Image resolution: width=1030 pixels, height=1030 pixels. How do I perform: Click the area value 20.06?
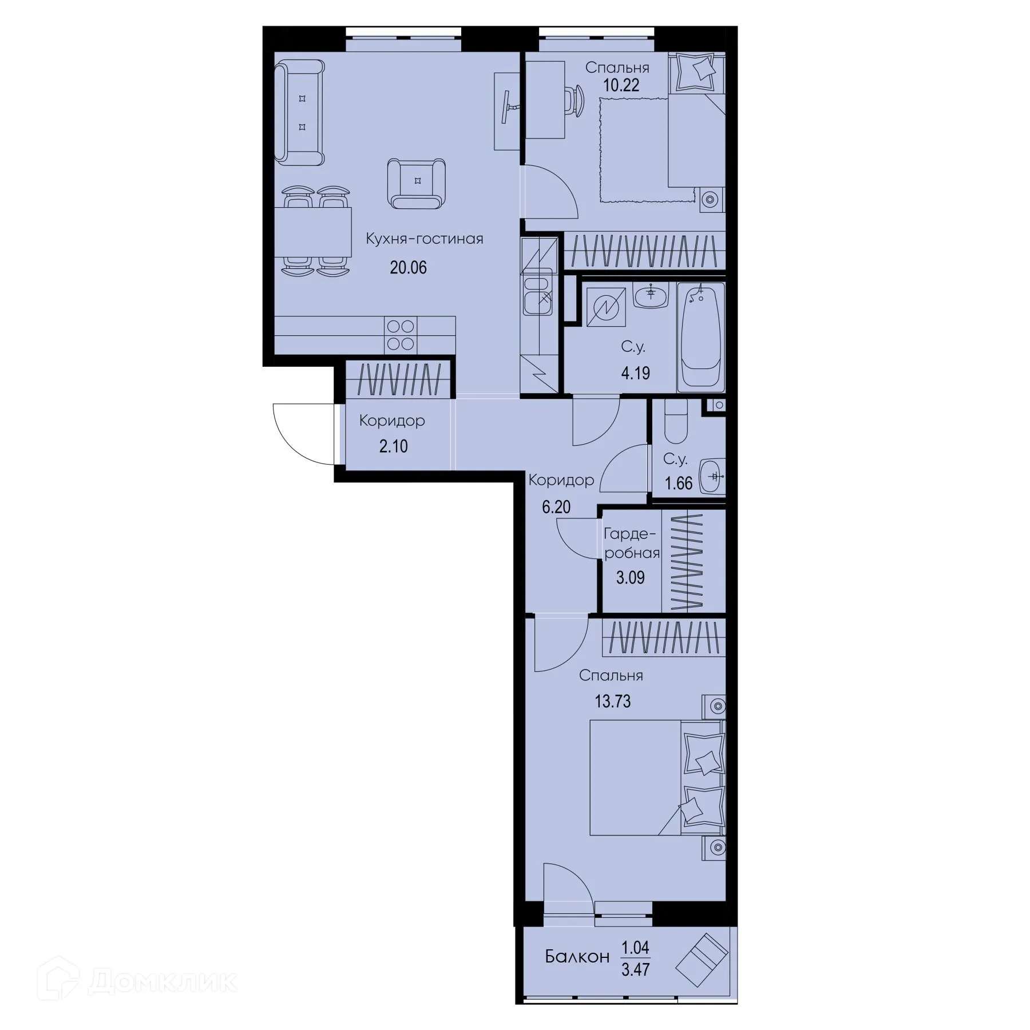pos(408,267)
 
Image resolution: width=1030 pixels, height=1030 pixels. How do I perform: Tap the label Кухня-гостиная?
pos(425,239)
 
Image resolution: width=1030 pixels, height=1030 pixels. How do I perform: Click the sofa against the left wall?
pos(299,113)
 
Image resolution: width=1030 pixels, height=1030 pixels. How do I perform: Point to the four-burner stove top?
pos(401,335)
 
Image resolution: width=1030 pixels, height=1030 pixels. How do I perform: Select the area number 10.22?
pos(621,85)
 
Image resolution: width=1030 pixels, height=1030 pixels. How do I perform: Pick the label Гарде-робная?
pos(632,544)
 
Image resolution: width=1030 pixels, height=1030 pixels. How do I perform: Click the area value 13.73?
pos(612,701)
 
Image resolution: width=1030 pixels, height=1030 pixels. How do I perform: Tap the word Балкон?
pos(577,956)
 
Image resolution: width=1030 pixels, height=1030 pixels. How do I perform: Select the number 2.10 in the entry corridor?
pos(394,446)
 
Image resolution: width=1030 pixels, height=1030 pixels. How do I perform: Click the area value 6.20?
pos(556,507)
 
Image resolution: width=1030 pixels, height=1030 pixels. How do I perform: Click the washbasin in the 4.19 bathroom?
pos(651,297)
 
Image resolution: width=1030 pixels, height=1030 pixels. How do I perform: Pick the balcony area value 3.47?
pos(636,969)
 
